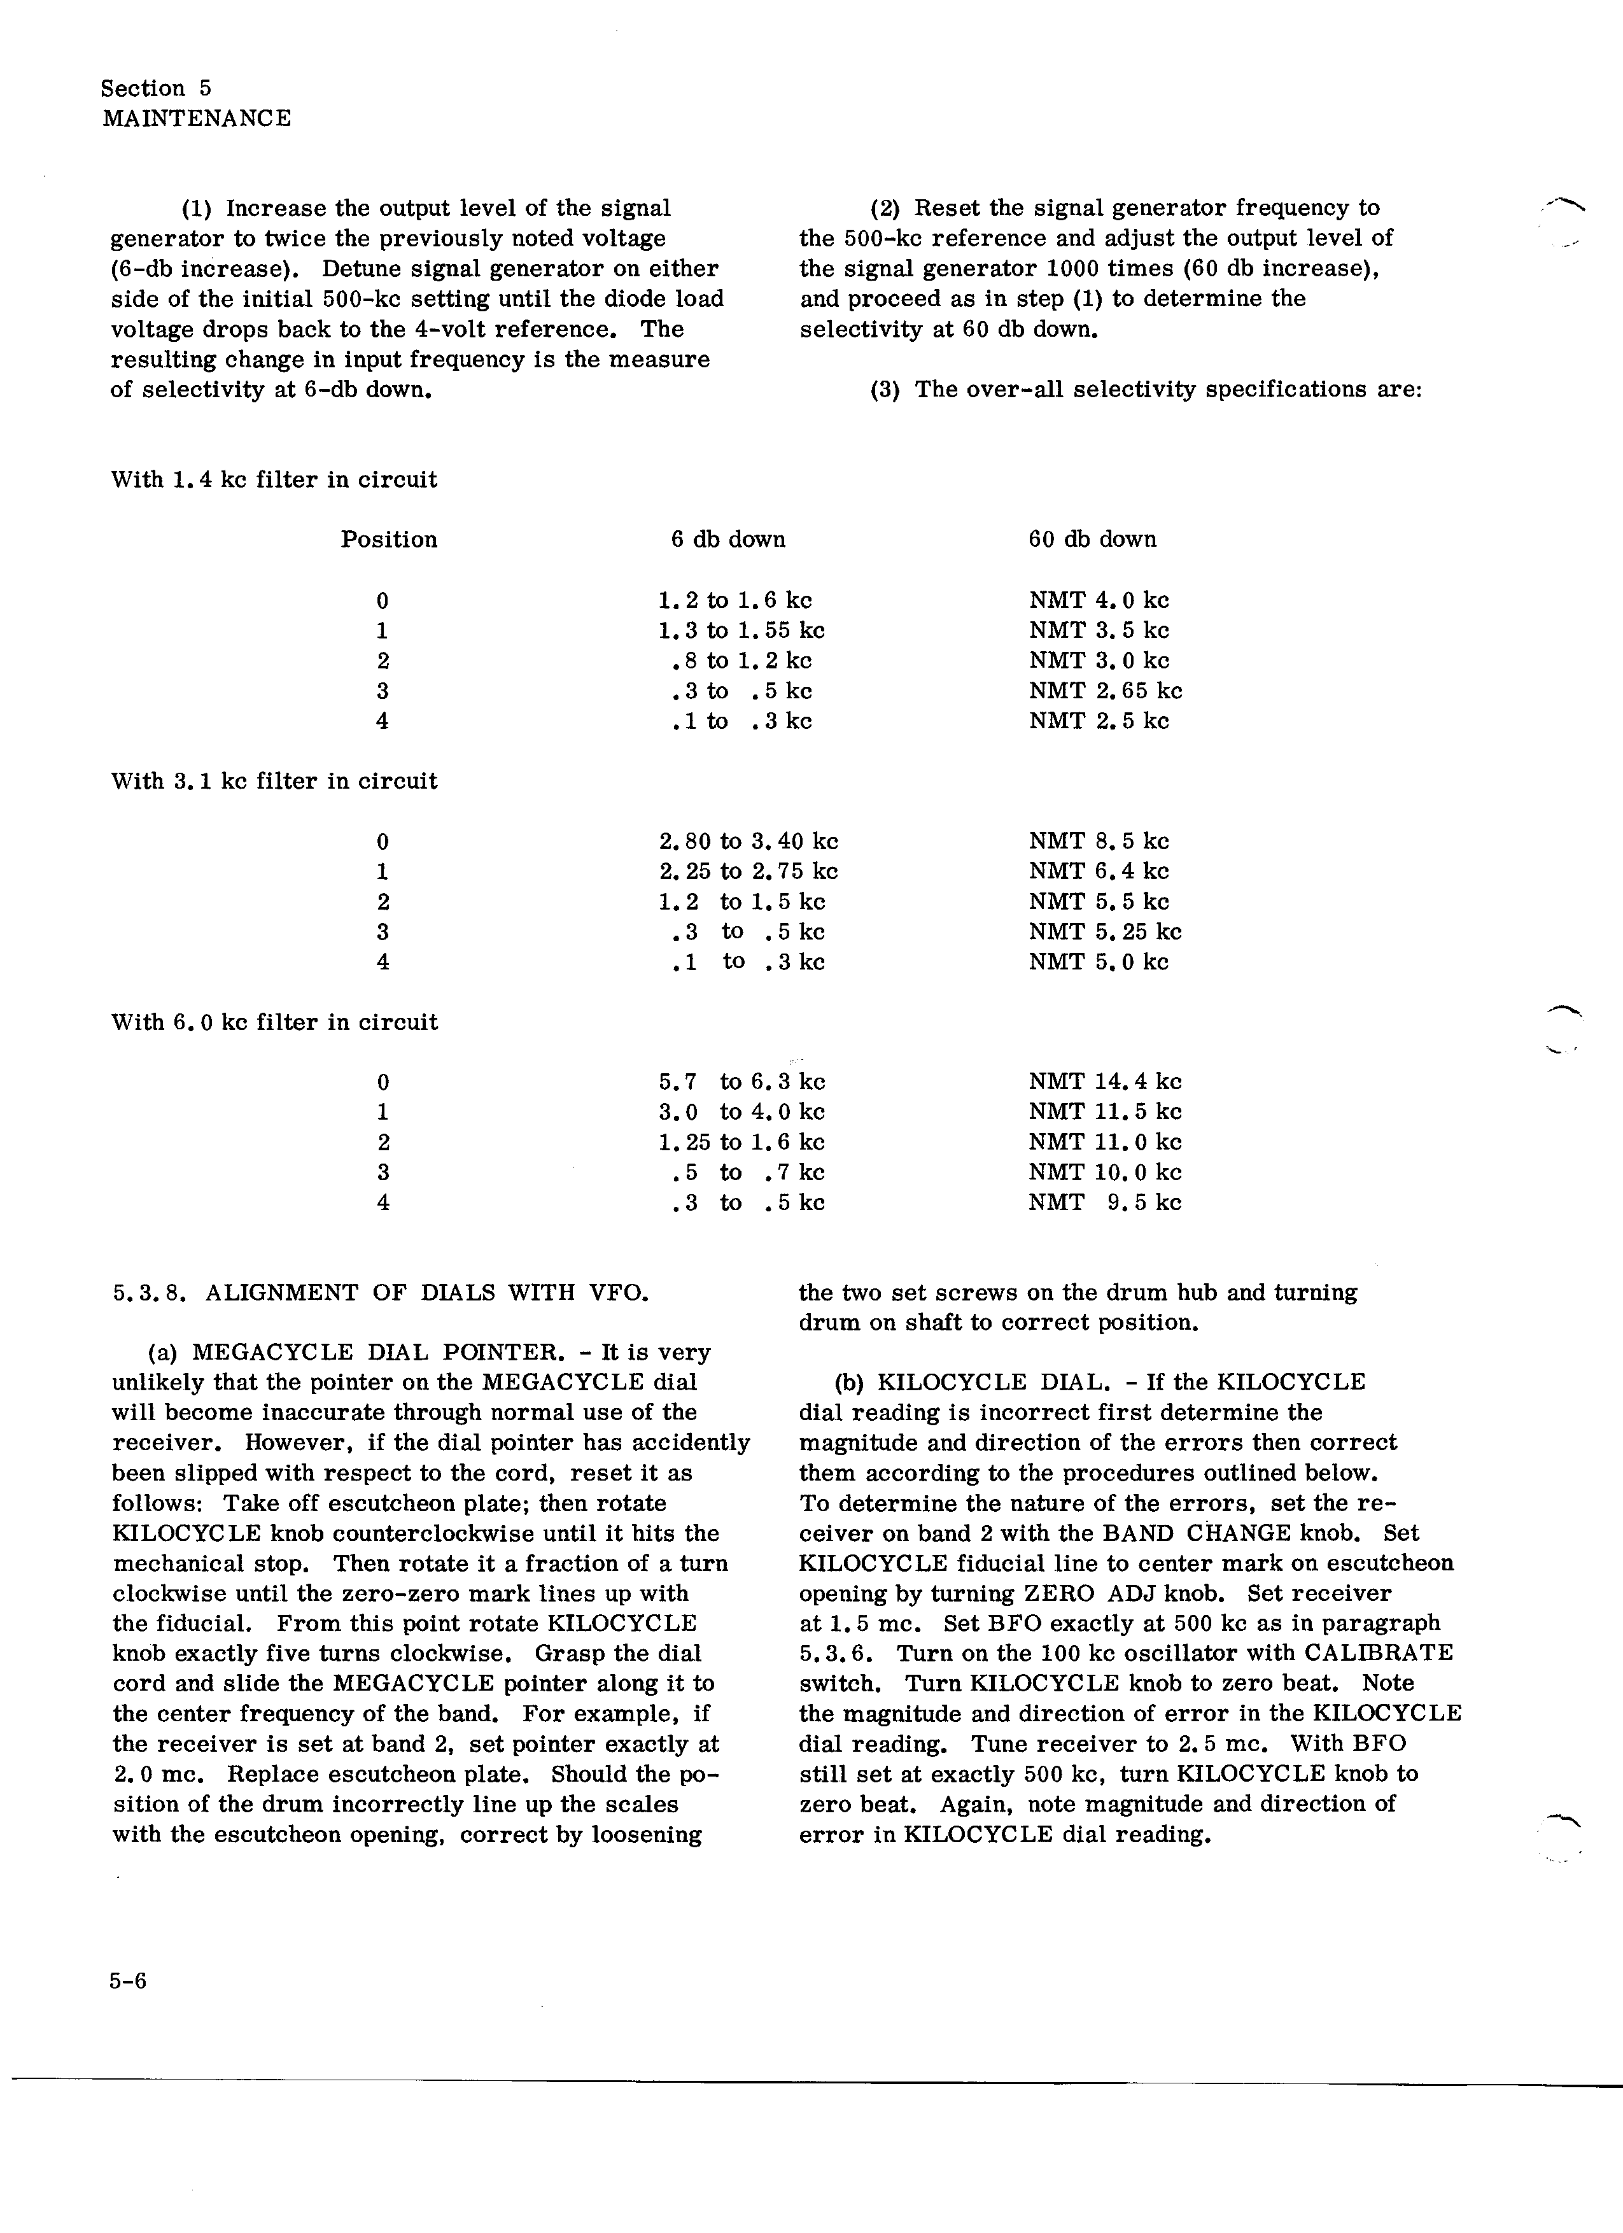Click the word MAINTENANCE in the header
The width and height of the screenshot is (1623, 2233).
tap(196, 119)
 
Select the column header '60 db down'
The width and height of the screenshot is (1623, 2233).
tap(1092, 540)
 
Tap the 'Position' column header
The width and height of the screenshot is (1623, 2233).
tap(389, 540)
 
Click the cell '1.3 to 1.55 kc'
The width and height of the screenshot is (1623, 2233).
tap(741, 630)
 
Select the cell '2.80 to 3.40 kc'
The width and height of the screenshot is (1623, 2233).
tap(748, 842)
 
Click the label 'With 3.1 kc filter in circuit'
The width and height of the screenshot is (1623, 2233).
tap(274, 782)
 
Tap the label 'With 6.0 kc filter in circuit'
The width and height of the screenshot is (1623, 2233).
tap(274, 1022)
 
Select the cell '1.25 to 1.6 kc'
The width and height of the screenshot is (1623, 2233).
tap(741, 1142)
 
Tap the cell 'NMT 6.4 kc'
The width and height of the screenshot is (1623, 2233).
tap(1099, 871)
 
